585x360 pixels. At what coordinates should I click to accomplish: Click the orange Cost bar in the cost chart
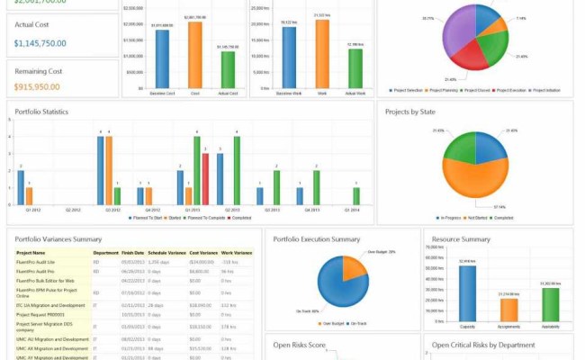pos(194,55)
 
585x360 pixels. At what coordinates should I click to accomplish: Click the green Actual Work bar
pos(355,67)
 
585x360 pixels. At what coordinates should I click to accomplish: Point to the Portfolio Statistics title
pos(42,112)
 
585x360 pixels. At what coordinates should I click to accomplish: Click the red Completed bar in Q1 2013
pos(205,180)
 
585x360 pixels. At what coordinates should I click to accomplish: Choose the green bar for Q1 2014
pos(356,196)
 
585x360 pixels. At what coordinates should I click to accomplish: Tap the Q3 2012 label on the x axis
pos(112,210)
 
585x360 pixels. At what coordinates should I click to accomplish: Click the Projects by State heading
pos(410,112)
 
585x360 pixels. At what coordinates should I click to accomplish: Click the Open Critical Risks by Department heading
pos(483,345)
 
